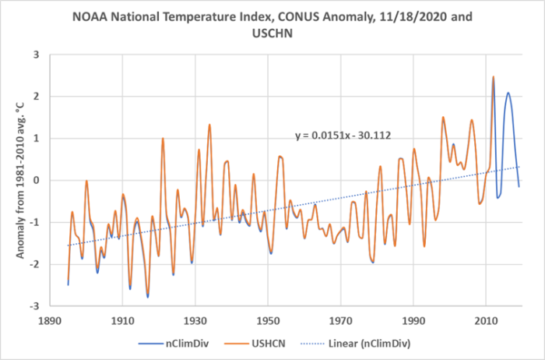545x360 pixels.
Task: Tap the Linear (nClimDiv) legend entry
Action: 358,342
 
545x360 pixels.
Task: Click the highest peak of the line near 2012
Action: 493,77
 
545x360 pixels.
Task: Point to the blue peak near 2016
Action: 508,93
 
